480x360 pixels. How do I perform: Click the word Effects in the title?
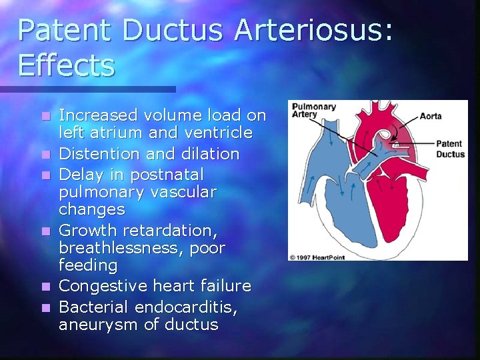coord(67,65)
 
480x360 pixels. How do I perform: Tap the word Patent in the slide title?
coord(65,31)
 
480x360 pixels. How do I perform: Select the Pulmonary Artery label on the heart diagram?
coord(308,110)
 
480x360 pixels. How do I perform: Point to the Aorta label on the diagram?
coord(430,116)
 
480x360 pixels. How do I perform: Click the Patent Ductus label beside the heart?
coord(450,149)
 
